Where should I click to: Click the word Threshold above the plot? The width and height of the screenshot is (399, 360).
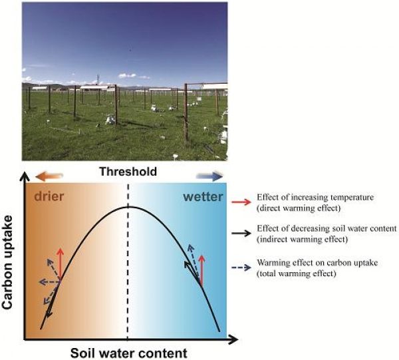(128, 172)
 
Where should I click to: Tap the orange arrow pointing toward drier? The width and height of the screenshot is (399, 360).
(49, 176)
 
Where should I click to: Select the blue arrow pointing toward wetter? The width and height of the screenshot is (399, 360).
(209, 176)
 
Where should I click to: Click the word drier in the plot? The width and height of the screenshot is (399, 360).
(49, 196)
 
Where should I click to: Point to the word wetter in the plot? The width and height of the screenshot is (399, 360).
(203, 197)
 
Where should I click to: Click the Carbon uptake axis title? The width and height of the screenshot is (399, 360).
(7, 262)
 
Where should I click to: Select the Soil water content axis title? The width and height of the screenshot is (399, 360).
(129, 353)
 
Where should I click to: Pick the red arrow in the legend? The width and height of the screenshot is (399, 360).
(241, 202)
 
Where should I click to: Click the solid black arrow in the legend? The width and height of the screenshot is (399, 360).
(241, 233)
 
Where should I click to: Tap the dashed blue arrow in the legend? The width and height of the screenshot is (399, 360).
(241, 268)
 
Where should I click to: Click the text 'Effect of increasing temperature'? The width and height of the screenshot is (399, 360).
(315, 198)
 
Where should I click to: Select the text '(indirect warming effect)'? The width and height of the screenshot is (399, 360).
(302, 240)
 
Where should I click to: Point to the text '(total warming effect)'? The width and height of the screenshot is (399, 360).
(297, 273)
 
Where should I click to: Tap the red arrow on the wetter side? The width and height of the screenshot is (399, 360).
(201, 270)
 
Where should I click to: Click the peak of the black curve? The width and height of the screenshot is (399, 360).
(128, 206)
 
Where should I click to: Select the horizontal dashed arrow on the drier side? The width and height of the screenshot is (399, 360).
(50, 282)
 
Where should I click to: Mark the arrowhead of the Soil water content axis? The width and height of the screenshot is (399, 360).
(233, 339)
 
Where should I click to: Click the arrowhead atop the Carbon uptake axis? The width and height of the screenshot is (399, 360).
(25, 177)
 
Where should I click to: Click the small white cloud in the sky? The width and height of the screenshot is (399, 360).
(127, 75)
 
